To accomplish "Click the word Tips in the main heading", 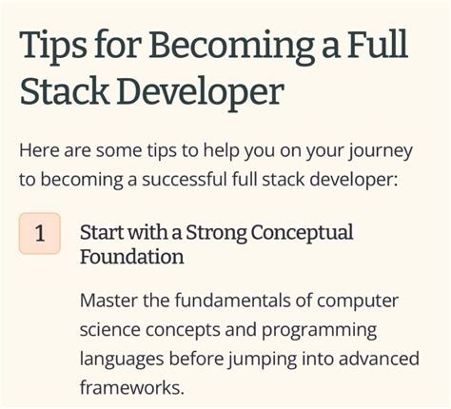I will pos(56,45).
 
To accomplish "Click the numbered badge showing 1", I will pos(40,234).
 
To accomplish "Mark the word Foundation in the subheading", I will pos(131,256).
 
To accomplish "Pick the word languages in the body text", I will pos(122,360).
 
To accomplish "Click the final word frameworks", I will pos(129,389).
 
